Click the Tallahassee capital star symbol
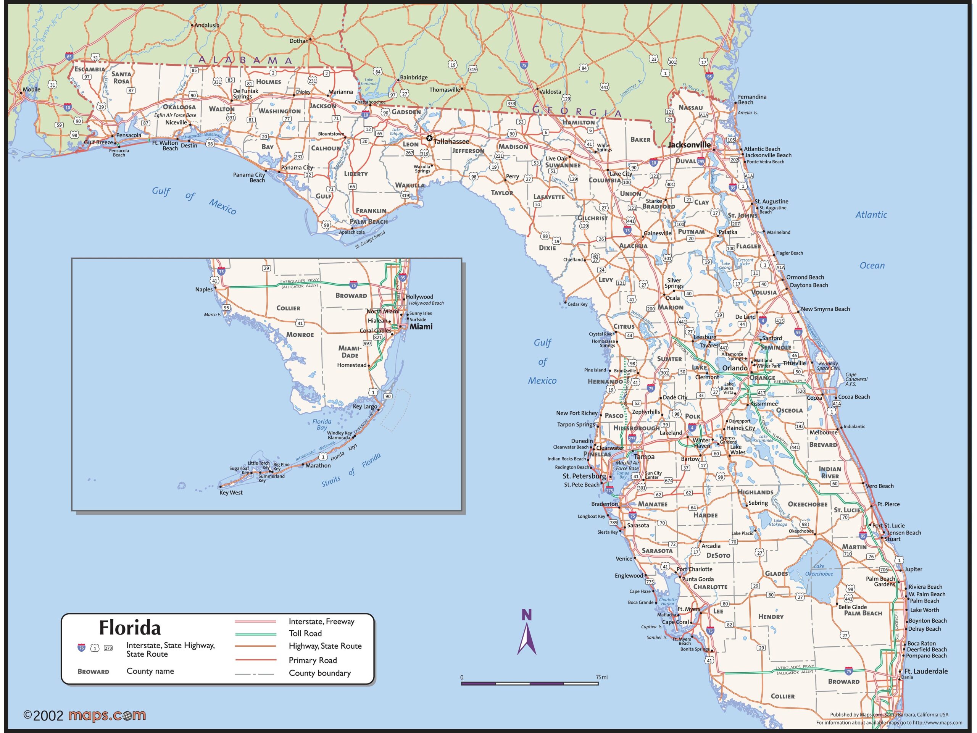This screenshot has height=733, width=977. (429, 138)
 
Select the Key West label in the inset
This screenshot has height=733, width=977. (231, 492)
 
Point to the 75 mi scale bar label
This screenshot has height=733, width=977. (601, 677)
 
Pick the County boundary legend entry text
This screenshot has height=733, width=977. (320, 673)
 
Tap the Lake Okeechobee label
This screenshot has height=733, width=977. (819, 570)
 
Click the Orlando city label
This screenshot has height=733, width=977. (735, 368)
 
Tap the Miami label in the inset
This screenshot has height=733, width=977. (421, 326)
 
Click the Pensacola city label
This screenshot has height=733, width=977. (129, 135)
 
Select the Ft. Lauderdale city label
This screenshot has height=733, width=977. (926, 671)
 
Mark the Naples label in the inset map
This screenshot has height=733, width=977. (204, 289)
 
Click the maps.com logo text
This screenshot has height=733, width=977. (107, 715)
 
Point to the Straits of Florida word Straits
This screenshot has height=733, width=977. (331, 481)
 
